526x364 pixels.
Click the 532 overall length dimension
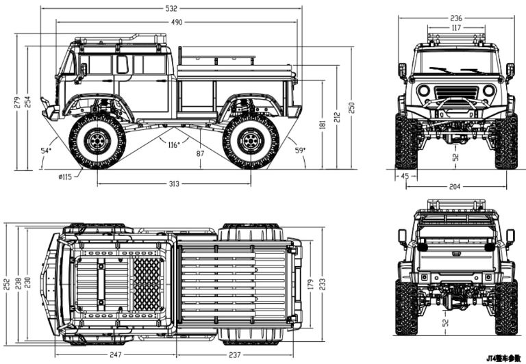171,8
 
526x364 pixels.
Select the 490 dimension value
177,23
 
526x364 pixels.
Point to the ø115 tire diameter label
65,177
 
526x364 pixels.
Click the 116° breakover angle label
174,144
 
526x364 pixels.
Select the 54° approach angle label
45,150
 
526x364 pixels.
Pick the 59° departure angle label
299,149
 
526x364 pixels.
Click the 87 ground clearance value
200,153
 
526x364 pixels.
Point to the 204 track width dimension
455,185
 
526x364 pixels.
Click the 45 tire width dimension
405,176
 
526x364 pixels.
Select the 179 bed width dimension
310,283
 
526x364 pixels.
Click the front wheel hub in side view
97,142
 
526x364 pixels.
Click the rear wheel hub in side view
250,142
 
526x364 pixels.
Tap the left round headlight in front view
424,90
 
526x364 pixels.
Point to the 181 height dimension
322,125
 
